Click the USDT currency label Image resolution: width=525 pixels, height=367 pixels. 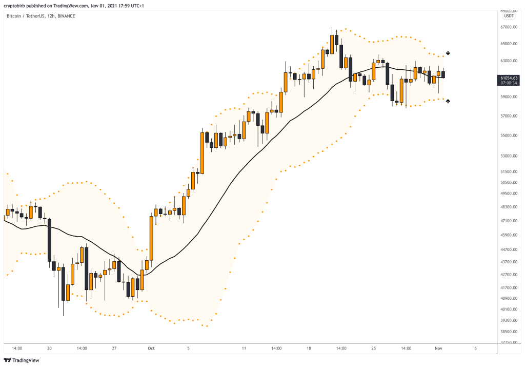[x=509, y=15]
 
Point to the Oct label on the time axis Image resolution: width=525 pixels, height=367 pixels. [x=151, y=348]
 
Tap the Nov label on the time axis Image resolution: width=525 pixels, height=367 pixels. [x=438, y=348]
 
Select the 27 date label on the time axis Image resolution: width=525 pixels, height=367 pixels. [x=114, y=348]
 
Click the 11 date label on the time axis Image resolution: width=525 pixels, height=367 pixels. [x=244, y=348]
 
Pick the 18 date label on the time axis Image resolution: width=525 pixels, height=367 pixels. [x=309, y=348]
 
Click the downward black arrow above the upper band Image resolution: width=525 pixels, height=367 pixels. [x=448, y=53]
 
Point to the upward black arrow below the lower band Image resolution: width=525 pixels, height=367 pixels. [x=448, y=101]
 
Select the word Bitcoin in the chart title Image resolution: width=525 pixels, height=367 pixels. [x=14, y=16]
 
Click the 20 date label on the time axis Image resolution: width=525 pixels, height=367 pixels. [x=49, y=348]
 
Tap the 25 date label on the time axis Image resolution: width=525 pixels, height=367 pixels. [x=374, y=348]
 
